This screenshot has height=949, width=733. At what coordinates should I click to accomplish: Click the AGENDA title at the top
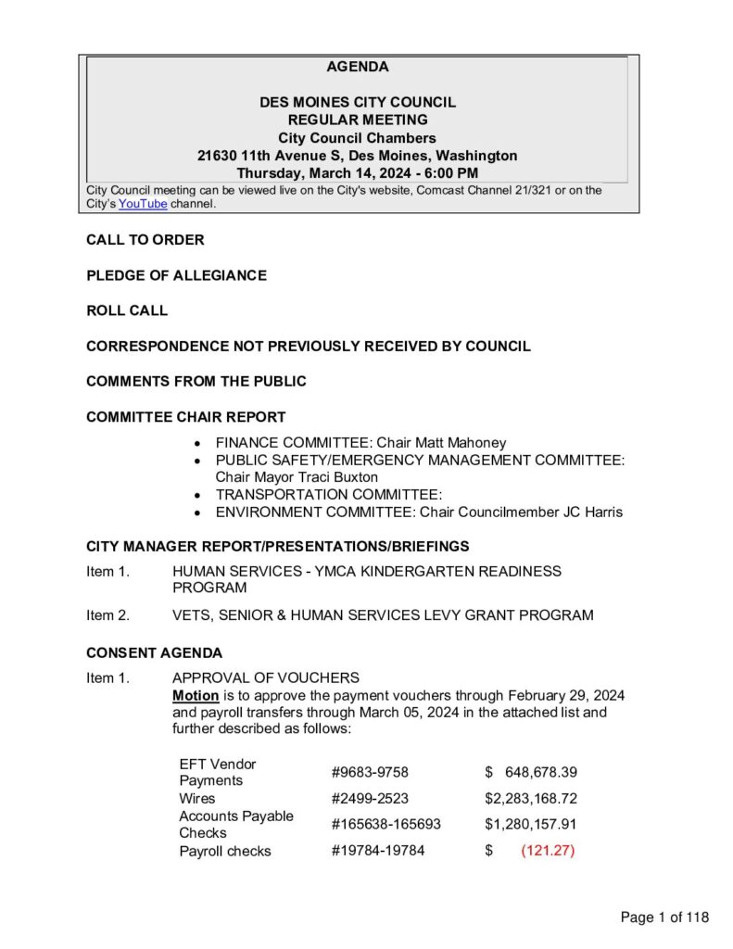358,67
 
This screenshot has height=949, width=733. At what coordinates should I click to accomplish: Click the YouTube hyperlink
143,204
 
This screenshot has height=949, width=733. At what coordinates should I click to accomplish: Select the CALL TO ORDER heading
145,240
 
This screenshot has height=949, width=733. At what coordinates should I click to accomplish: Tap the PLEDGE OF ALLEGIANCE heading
176,275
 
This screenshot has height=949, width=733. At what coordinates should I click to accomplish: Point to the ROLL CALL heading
127,310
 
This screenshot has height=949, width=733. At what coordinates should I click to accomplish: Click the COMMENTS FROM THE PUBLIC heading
196,381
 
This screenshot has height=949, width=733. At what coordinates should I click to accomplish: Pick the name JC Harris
588,512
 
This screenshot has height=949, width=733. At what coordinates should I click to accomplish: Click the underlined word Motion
196,695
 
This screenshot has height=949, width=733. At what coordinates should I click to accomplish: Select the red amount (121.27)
548,851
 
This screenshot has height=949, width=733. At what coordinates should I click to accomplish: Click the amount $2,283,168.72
531,798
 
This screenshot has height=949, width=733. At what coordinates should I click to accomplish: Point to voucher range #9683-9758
369,772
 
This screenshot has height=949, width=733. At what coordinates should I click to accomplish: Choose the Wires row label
196,798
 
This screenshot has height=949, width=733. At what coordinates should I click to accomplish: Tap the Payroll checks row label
225,851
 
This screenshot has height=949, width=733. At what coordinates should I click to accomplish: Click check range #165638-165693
385,824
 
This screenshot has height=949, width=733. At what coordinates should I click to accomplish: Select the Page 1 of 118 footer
664,917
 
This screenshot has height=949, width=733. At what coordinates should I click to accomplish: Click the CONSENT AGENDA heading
154,652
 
